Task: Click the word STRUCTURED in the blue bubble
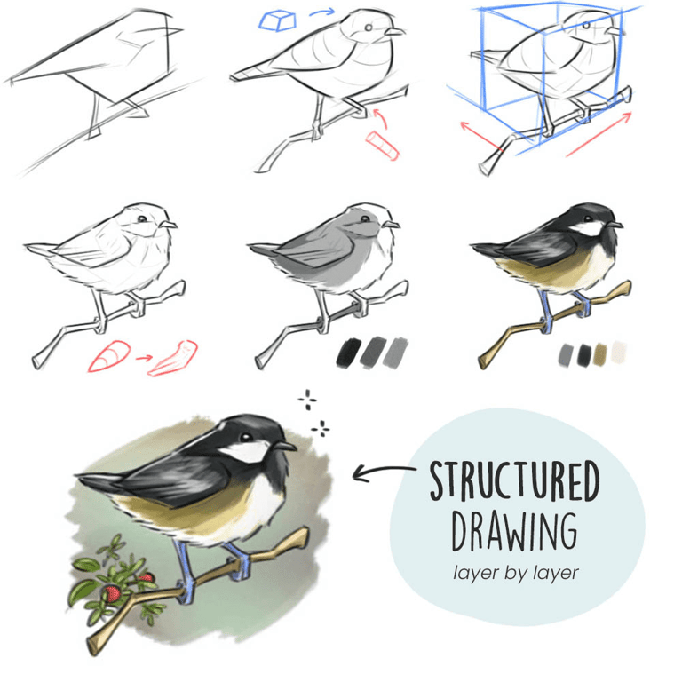point(514,480)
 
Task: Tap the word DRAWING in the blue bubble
point(514,532)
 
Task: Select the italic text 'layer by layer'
point(515,573)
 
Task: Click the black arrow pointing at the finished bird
point(383,472)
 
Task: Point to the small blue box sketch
point(277,21)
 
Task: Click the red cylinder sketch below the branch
point(383,146)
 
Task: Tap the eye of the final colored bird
point(246,437)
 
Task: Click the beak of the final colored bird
point(285,446)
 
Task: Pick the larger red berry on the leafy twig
point(112,594)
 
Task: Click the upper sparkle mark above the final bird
point(307,400)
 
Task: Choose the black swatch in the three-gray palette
point(349,352)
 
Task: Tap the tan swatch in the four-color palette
point(599,354)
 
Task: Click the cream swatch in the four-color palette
point(619,353)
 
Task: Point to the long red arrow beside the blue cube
point(599,134)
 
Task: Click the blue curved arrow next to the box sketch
point(322,12)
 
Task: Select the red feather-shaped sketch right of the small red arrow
point(173,358)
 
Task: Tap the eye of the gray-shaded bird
point(365,218)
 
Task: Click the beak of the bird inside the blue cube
point(615,31)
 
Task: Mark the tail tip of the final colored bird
point(78,475)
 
